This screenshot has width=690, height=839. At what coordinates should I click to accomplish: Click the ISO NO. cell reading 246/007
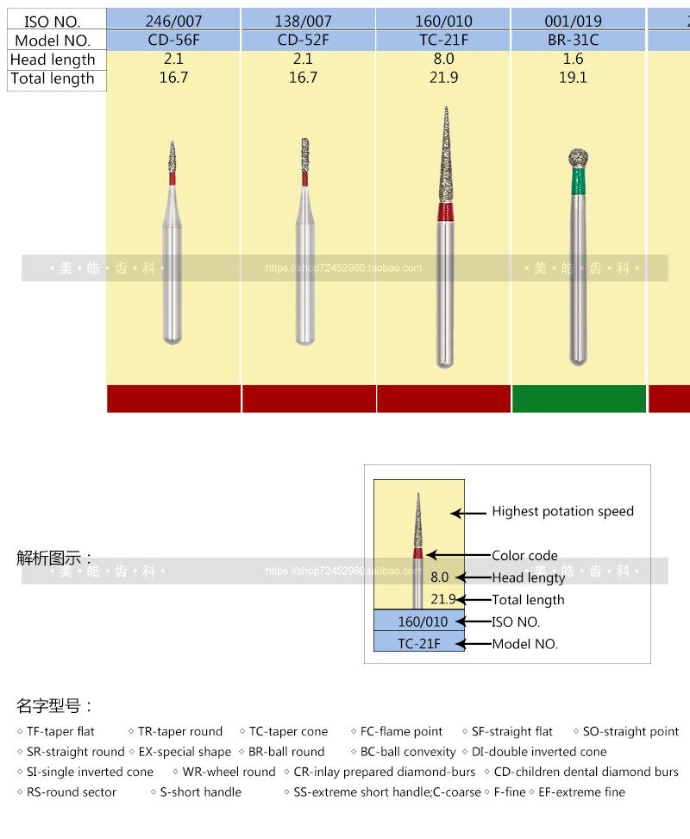[173, 19]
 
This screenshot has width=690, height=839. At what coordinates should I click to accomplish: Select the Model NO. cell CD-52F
[309, 40]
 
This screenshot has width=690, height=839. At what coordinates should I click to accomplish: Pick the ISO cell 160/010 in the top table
[443, 19]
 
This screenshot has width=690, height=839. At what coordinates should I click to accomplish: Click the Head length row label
[53, 60]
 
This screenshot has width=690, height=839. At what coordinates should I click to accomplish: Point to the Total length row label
[53, 79]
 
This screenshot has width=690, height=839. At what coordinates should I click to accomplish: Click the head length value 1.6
[573, 60]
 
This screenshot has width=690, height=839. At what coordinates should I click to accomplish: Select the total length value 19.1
[573, 79]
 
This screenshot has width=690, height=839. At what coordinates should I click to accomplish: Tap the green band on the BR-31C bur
[578, 180]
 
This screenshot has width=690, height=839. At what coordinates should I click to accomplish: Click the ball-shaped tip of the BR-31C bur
[578, 158]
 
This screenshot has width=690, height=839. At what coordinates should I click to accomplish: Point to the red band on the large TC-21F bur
[445, 212]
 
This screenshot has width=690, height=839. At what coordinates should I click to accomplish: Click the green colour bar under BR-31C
[578, 399]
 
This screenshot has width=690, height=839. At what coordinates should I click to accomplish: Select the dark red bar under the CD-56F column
[173, 399]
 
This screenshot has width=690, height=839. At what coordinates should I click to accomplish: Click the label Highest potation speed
[562, 512]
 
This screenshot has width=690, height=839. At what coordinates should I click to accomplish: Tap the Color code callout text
[524, 556]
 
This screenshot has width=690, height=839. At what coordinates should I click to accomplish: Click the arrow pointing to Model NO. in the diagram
[473, 644]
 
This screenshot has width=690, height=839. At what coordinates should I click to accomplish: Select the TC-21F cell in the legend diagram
[419, 644]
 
